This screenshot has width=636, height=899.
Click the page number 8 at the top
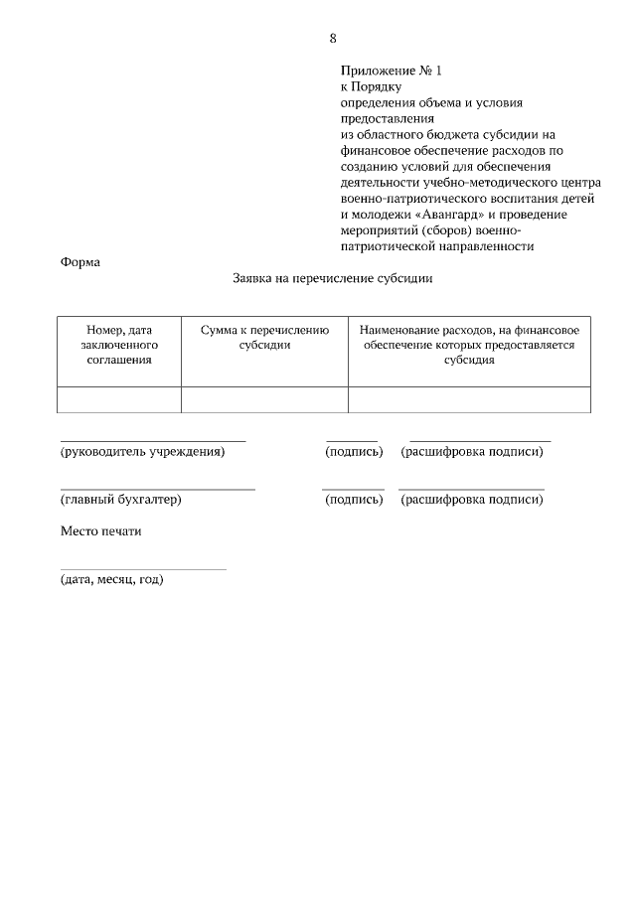[332, 39]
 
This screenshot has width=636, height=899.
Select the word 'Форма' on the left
[80, 262]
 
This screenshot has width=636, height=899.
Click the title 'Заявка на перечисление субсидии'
[332, 279]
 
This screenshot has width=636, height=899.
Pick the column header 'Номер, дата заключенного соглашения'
[119, 345]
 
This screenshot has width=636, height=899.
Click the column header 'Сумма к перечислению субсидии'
[264, 338]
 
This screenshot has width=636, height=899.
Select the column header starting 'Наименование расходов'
[469, 345]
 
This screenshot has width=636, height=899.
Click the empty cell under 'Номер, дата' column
[119, 399]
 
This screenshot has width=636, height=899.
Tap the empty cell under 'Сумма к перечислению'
[264, 399]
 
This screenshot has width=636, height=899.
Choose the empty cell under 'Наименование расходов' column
[469, 399]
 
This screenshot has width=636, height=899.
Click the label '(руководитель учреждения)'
[143, 452]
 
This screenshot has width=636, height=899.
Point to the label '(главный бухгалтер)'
[121, 500]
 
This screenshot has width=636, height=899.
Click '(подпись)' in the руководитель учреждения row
[354, 452]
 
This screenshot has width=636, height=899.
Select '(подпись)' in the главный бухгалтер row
[354, 500]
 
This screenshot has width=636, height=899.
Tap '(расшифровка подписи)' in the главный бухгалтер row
[472, 500]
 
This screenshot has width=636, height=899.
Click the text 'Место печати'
[101, 531]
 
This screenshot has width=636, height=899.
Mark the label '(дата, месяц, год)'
[111, 579]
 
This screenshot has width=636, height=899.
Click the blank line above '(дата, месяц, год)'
[143, 568]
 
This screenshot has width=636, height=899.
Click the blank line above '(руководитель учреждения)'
[153, 439]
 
